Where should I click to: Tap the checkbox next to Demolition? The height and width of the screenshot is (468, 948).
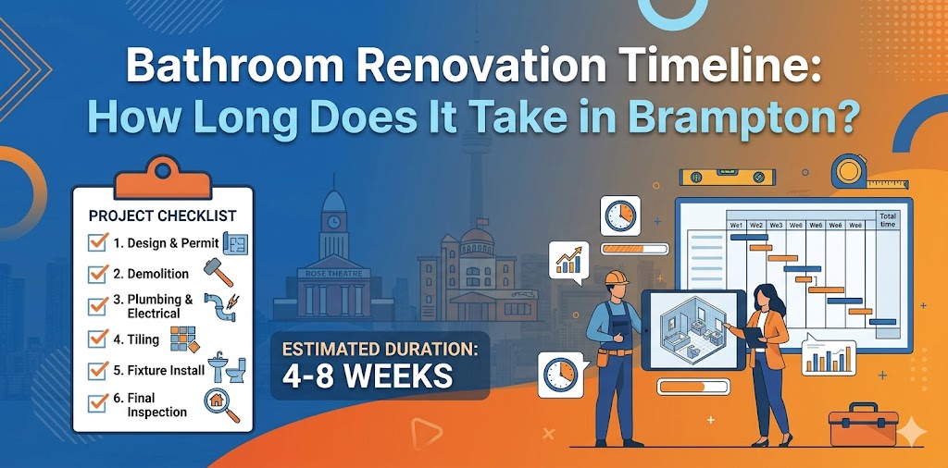point(97,274)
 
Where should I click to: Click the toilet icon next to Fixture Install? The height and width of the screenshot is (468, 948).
point(236,370)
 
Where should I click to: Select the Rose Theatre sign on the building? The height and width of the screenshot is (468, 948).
point(332,275)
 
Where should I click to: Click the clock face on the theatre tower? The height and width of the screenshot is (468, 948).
point(332,222)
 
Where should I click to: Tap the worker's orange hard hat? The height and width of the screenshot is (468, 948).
point(615,279)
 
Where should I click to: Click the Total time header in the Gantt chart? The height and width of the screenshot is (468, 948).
point(887,219)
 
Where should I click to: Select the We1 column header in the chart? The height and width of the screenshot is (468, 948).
point(737,225)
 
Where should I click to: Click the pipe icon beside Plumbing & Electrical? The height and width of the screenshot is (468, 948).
point(223,306)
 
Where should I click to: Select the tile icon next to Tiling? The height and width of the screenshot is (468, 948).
point(182,339)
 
